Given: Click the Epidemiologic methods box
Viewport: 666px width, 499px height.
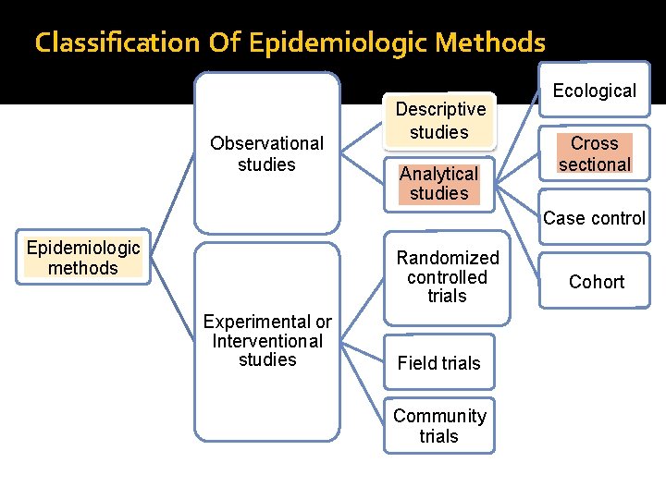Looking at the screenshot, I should pos(83,257).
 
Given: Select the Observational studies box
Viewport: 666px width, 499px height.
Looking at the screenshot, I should pos(266,153).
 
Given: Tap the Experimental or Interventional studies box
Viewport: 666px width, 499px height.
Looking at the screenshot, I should pos(266,340).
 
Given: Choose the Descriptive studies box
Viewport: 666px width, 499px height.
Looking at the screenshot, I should pos(439,120).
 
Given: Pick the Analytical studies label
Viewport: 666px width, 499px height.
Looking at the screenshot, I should pos(439,183).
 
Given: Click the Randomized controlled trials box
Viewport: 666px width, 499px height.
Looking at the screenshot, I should pos(447,276).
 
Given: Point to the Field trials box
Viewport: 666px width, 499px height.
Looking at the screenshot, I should pos(439,363).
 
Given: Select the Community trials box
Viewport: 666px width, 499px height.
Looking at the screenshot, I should pos(439,425).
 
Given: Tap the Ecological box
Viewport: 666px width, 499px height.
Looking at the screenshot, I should pos(595,91).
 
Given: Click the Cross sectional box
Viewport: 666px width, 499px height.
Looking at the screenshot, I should pos(595,153).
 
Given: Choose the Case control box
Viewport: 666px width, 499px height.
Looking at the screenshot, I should pos(595,218).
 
